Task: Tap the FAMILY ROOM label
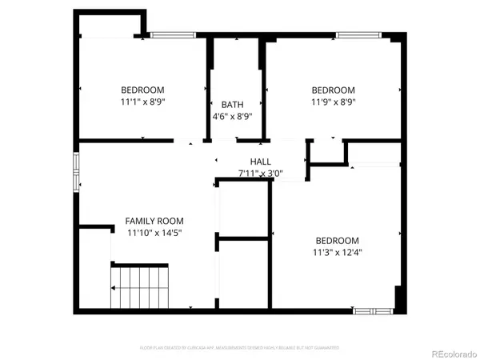(154, 221)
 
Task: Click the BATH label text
(232, 105)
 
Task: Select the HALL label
(262, 161)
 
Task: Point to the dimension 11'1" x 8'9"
(142, 102)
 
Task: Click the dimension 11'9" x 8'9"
(333, 102)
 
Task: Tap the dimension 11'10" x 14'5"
(154, 233)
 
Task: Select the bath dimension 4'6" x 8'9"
(232, 117)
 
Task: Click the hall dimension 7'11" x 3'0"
(262, 173)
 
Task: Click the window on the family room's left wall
(77, 172)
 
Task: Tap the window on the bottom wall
(373, 310)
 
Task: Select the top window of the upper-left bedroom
(169, 34)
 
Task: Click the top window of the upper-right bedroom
(357, 34)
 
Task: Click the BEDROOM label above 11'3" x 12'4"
(337, 241)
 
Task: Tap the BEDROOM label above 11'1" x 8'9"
(142, 90)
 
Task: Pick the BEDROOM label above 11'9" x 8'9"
(333, 90)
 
